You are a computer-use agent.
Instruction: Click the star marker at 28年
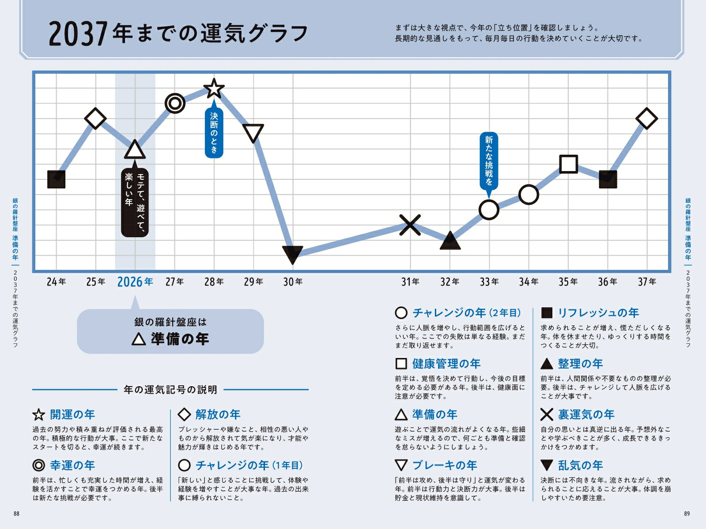tap(214, 89)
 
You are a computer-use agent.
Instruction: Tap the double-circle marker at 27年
tap(175, 104)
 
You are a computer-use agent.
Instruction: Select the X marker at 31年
tap(410, 225)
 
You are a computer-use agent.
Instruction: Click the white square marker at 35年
tap(568, 164)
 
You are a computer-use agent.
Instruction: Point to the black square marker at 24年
tap(57, 179)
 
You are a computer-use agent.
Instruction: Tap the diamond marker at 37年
tap(647, 119)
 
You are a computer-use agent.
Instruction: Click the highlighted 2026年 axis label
tap(135, 282)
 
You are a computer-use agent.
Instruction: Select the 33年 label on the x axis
tap(489, 282)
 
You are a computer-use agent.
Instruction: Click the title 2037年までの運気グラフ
tap(178, 34)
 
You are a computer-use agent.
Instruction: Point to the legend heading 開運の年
tap(72, 414)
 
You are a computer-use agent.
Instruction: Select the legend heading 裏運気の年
tap(586, 414)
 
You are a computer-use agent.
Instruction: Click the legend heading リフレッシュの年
tap(598, 313)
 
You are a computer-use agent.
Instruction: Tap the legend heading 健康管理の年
tap(446, 364)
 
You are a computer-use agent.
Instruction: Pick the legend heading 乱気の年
tap(580, 465)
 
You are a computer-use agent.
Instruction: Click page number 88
tap(17, 514)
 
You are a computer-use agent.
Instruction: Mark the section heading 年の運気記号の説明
tap(170, 390)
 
